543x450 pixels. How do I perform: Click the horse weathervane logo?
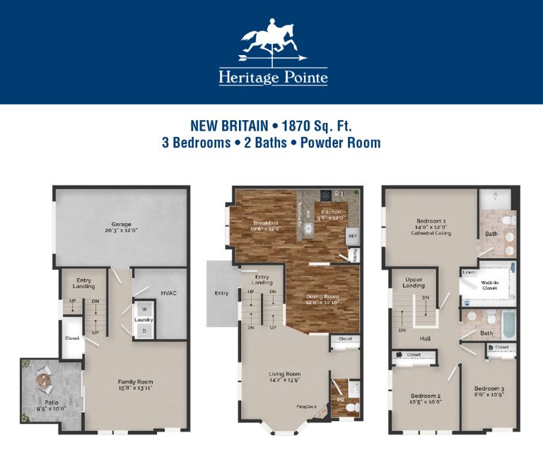click(x=272, y=43)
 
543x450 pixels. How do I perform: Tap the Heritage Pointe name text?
click(x=273, y=77)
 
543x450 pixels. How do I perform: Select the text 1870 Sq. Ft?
click(x=316, y=126)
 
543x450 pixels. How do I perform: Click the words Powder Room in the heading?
click(x=340, y=143)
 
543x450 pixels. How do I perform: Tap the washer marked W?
click(x=145, y=308)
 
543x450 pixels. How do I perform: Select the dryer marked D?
click(x=145, y=330)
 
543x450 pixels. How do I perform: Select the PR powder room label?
click(x=340, y=401)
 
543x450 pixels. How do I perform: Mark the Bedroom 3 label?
click(x=489, y=391)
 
